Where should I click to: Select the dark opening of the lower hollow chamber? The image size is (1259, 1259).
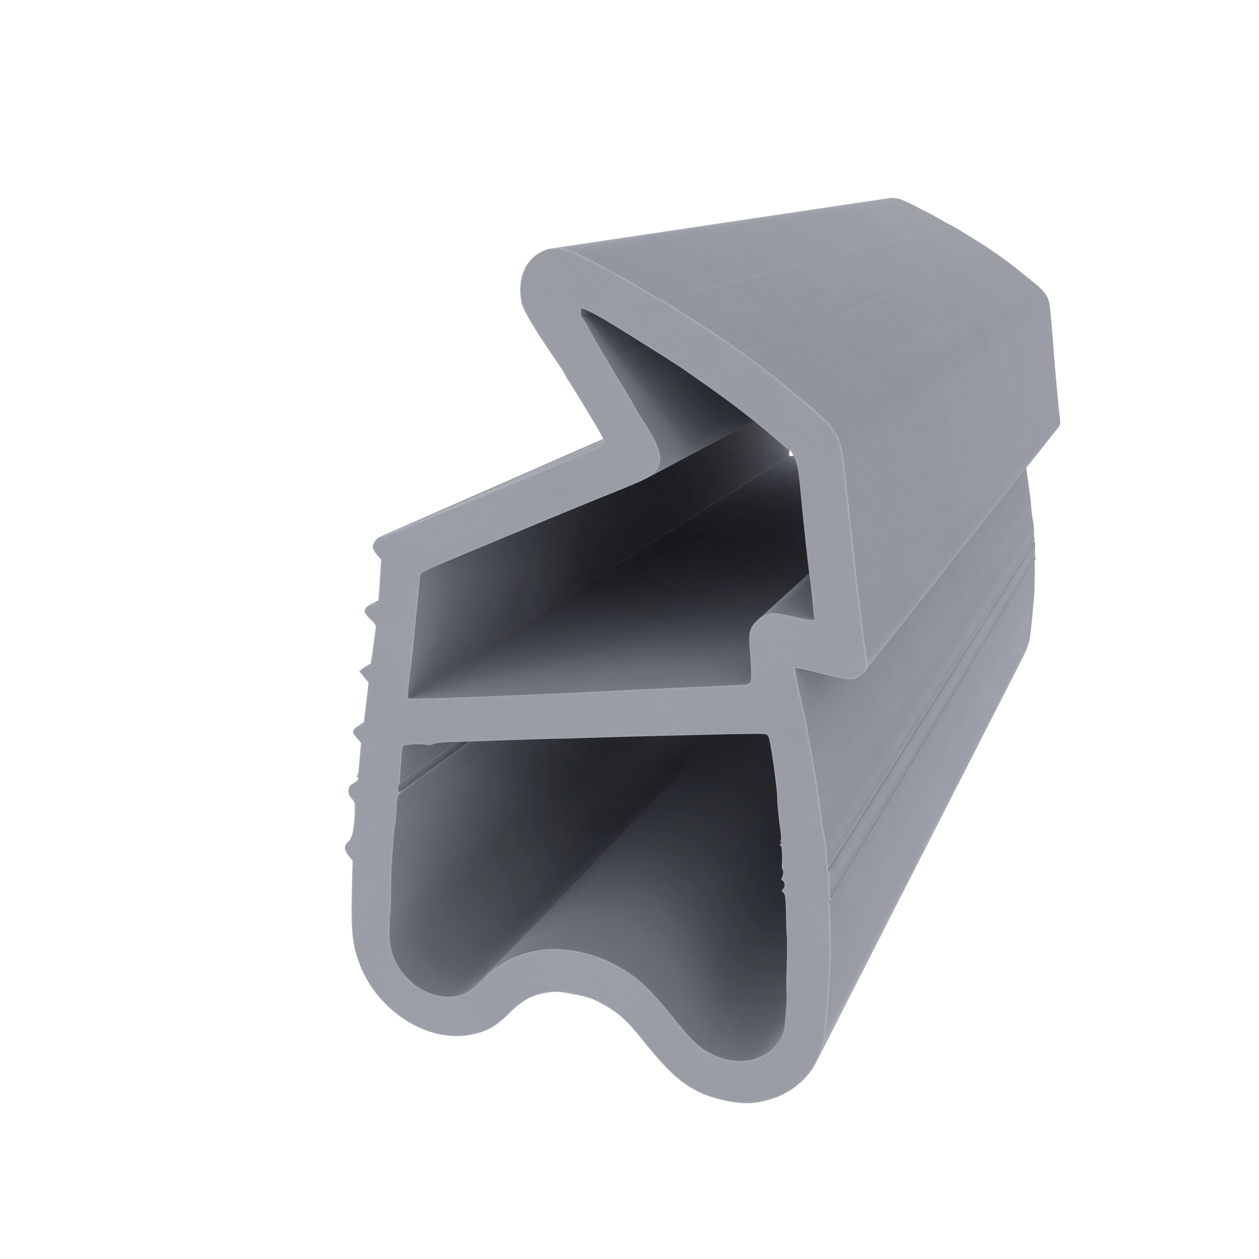(586, 867)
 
